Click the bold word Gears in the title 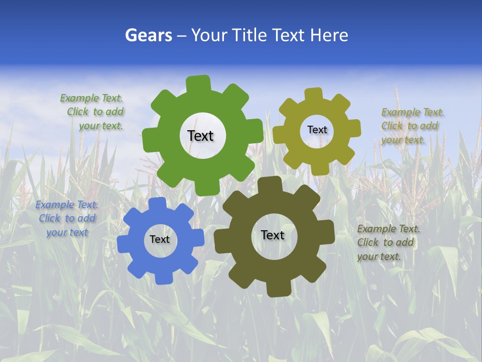(x=148, y=35)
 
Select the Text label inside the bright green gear (x=200, y=136)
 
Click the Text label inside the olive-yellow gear (x=317, y=130)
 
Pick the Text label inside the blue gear (x=160, y=239)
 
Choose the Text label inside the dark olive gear (x=273, y=235)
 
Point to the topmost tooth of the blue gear (x=157, y=204)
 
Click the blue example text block (x=67, y=218)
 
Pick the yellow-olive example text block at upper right (x=412, y=126)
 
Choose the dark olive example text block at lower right (x=388, y=242)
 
